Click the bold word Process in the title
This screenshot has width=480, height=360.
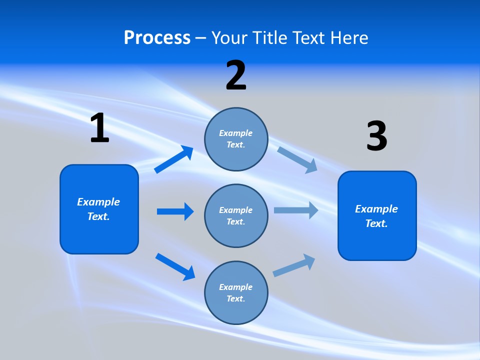157,37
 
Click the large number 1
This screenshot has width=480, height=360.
99,128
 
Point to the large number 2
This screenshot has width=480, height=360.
236,75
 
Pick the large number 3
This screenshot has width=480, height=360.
376,136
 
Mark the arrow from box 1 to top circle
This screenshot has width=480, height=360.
173,159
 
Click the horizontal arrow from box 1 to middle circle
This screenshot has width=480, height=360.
175,211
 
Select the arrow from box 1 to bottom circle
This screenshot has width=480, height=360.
175,266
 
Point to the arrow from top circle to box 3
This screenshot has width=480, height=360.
297,159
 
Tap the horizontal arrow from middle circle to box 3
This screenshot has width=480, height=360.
296,210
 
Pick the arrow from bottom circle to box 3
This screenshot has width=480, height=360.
294,265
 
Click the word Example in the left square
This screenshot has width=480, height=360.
98,202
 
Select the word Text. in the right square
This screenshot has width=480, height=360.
376,223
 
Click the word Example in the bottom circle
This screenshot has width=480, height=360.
235,287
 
